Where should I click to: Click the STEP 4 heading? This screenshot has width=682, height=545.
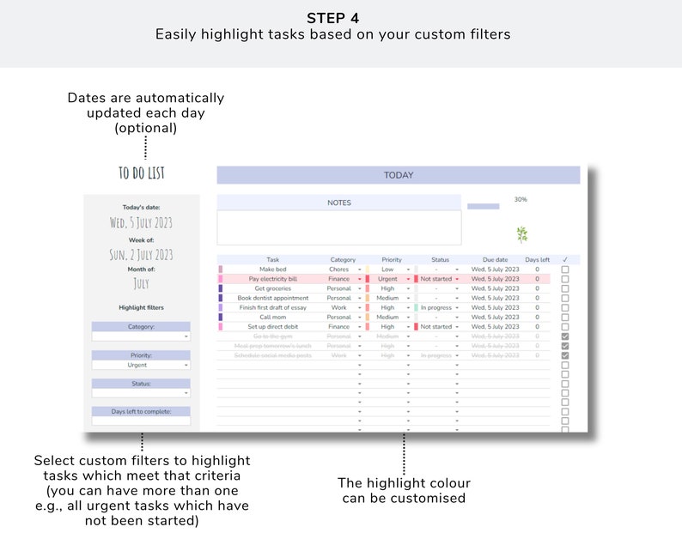tap(340, 18)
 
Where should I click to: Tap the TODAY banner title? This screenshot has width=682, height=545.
tap(399, 175)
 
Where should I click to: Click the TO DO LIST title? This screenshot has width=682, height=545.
tap(142, 173)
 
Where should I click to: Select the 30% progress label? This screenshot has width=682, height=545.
tap(521, 199)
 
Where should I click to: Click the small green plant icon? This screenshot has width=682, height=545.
tap(521, 234)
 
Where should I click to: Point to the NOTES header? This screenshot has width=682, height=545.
tap(339, 203)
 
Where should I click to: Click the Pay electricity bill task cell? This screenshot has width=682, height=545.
tap(273, 279)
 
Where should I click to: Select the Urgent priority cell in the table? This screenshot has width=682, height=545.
tap(387, 279)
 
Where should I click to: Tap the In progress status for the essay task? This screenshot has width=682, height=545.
tap(435, 307)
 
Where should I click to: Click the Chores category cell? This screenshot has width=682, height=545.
tap(339, 269)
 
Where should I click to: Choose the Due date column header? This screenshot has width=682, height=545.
tap(495, 259)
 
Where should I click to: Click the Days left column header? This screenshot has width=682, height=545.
tap(538, 259)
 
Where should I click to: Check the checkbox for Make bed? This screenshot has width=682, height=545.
tap(565, 269)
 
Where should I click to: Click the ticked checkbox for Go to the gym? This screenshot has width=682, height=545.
tap(565, 336)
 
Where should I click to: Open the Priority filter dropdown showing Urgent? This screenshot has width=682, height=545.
tap(141, 365)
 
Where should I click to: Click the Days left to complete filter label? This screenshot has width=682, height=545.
tap(141, 412)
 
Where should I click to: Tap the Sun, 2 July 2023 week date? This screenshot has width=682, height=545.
tap(141, 254)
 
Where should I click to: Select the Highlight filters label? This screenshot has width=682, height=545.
tap(141, 307)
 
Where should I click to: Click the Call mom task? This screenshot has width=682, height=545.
tap(273, 317)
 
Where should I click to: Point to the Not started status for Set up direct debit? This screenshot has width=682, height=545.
tap(435, 326)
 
